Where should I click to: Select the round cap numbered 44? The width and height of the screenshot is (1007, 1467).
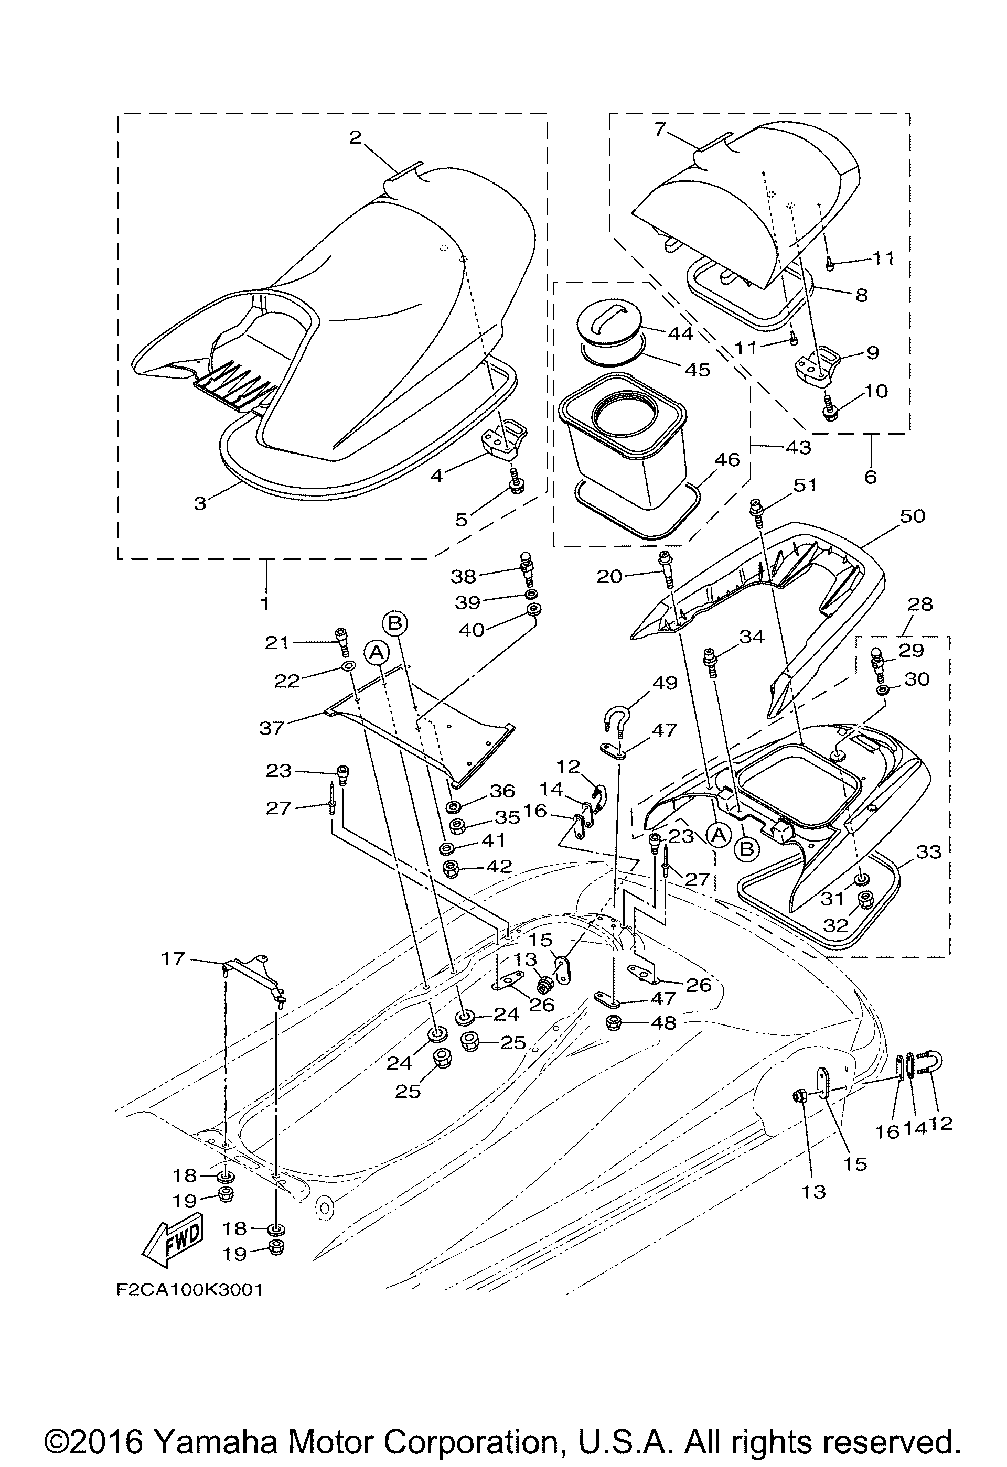pos(609,322)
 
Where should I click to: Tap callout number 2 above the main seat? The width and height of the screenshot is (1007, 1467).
pos(356,137)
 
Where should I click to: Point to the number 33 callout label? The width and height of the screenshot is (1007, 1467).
pos(928,852)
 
